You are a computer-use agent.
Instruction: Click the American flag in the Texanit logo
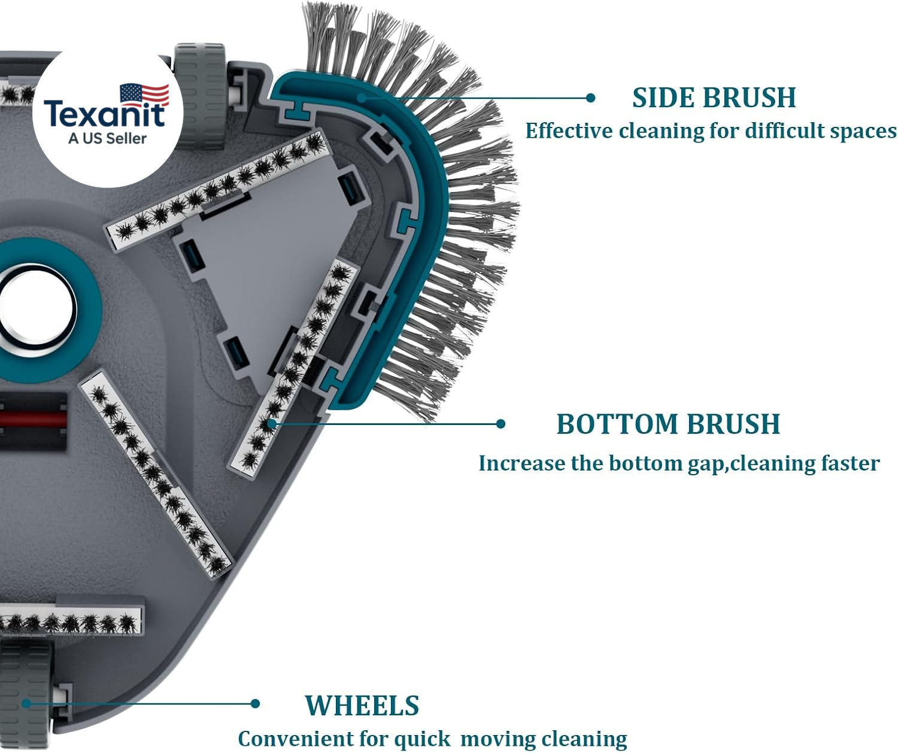coord(144,95)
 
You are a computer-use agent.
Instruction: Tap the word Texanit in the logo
coord(105,113)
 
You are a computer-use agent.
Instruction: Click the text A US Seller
coord(108,138)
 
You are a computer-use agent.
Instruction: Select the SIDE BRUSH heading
coord(714,98)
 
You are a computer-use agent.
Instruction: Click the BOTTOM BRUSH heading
coord(668,424)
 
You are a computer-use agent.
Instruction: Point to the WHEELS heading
coord(362,705)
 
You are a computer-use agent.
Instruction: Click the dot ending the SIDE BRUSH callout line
coord(590,98)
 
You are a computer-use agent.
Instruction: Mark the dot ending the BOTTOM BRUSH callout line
coord(500,424)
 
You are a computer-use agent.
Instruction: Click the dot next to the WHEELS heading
coord(255,703)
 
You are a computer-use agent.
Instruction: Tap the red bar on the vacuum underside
coord(33,419)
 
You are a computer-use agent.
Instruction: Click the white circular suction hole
coord(37,310)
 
